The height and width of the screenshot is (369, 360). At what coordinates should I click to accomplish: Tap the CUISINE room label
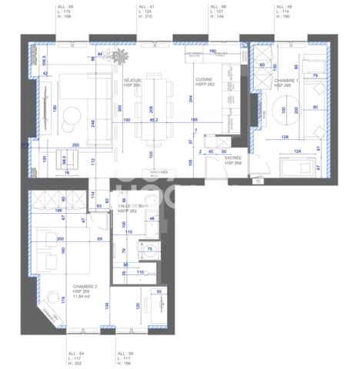[204, 78]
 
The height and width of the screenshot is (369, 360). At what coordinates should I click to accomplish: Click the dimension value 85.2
[154, 120]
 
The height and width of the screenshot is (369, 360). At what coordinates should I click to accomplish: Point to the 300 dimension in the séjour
[119, 108]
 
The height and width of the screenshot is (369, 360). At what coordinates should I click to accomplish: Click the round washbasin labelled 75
[151, 248]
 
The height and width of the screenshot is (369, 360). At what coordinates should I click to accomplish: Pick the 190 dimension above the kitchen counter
[213, 52]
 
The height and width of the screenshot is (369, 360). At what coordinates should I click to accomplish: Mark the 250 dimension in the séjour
[75, 145]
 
